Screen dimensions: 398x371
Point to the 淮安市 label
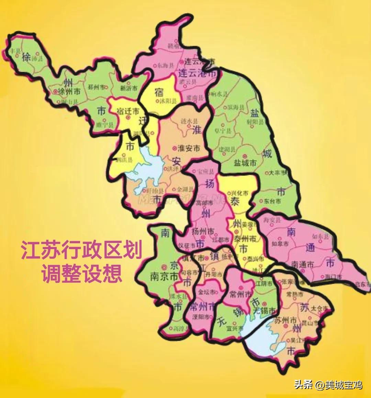pos(189,149)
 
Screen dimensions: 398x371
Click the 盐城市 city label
pos(245,163)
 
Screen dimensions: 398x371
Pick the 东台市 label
pos(272,201)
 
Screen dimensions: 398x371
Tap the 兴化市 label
pos(239,194)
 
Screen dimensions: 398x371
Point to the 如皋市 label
pos(280,244)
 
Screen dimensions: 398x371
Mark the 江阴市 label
pos(264,284)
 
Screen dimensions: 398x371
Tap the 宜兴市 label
pos(235,328)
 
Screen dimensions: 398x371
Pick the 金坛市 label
pos(207,292)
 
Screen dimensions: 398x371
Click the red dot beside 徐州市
pos(55,92)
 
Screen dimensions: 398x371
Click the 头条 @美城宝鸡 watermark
pos(328,385)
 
